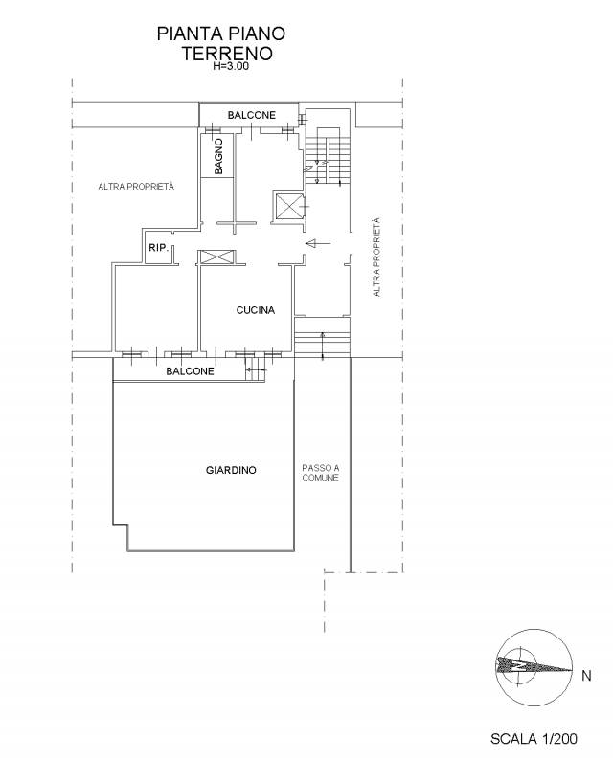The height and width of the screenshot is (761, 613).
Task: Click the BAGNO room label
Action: [x=218, y=156]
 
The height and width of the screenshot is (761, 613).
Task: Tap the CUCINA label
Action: [x=256, y=310]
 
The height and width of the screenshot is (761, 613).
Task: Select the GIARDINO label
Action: [x=231, y=470]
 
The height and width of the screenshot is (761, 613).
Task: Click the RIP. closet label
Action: [x=158, y=248]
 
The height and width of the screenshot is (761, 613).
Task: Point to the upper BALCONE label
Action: [x=252, y=115]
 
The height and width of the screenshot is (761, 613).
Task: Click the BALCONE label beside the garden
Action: [x=190, y=371]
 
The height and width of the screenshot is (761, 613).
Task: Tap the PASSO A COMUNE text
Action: [x=321, y=473]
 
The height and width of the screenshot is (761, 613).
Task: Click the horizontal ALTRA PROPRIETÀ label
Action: [x=136, y=187]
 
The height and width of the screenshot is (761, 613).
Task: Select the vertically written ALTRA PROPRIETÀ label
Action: [x=376, y=257]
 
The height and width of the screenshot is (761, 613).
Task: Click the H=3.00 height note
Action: [x=231, y=67]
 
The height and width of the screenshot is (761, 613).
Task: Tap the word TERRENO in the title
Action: [x=227, y=53]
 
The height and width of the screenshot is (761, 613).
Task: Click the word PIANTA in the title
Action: [x=187, y=34]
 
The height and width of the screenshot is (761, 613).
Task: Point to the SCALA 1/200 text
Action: [x=534, y=739]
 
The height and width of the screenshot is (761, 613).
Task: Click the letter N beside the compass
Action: [x=586, y=675]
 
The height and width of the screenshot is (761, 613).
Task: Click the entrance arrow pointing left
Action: [x=318, y=243]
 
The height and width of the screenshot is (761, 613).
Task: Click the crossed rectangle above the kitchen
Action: [x=217, y=257]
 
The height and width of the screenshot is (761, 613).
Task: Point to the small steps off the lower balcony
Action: [x=256, y=370]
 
